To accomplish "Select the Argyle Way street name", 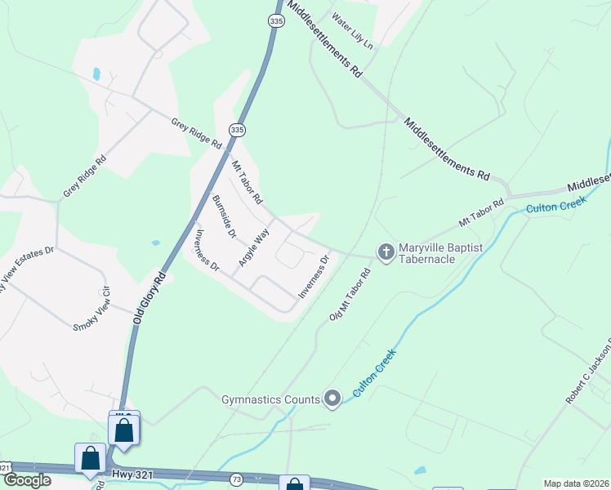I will click(x=254, y=246).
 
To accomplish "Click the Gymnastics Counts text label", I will click(x=270, y=399).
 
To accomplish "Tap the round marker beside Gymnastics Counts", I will click(x=332, y=399).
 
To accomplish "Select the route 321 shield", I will click(x=6, y=466).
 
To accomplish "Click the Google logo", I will click(x=27, y=480).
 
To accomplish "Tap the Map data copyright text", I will click(x=575, y=483).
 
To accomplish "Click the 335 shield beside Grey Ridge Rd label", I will click(x=236, y=130).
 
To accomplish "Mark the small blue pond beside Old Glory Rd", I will click(x=155, y=243).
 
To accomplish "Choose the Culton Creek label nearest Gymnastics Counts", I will click(x=374, y=373).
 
